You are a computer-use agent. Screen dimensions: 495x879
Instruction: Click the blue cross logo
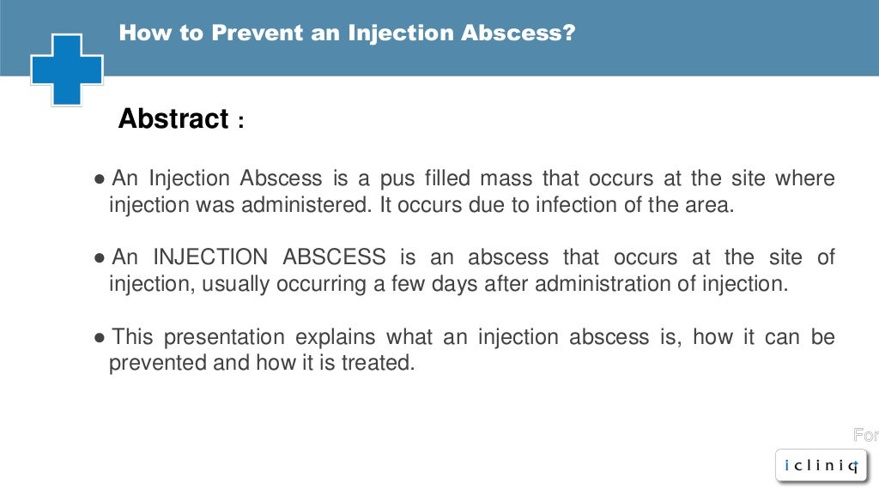point(67,69)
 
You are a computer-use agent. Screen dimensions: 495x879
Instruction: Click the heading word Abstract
point(173,119)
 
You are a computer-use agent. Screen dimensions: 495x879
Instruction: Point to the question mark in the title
point(568,34)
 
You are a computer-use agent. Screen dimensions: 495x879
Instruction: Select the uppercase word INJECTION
point(210,257)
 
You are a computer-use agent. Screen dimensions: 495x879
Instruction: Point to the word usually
point(236,285)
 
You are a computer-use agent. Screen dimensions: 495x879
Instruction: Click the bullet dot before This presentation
point(100,337)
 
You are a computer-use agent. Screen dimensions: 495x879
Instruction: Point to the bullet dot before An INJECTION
point(100,258)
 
